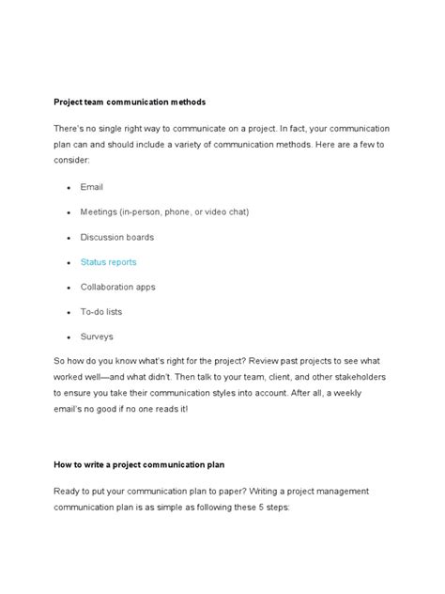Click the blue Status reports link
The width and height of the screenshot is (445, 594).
pos(108,262)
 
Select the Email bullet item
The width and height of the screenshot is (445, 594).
pos(91,187)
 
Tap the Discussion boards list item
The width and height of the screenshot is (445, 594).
pos(116,237)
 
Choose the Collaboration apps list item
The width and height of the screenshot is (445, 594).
pos(117,287)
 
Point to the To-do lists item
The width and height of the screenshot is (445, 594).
pos(100,311)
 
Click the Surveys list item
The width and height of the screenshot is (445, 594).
pos(97,336)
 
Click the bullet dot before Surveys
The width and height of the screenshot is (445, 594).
pos(69,336)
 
